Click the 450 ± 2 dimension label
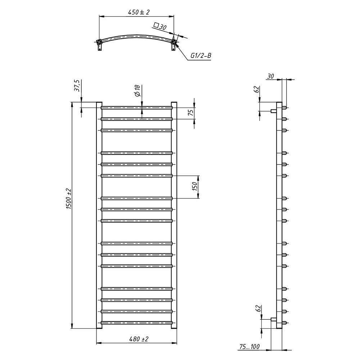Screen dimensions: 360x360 pos(139,12)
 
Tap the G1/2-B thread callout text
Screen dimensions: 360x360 pos(201,55)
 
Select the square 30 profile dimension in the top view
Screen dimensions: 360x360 pos(160,26)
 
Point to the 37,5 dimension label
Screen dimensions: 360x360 pos(77,86)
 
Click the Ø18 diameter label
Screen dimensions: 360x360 pos(137,90)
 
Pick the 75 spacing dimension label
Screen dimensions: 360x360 pos(191,113)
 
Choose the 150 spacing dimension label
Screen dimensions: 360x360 pos(195,186)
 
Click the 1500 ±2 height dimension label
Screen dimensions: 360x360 pos(69,199)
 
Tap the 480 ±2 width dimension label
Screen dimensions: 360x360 pos(139,339)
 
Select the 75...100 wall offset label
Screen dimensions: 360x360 pos(249,346)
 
